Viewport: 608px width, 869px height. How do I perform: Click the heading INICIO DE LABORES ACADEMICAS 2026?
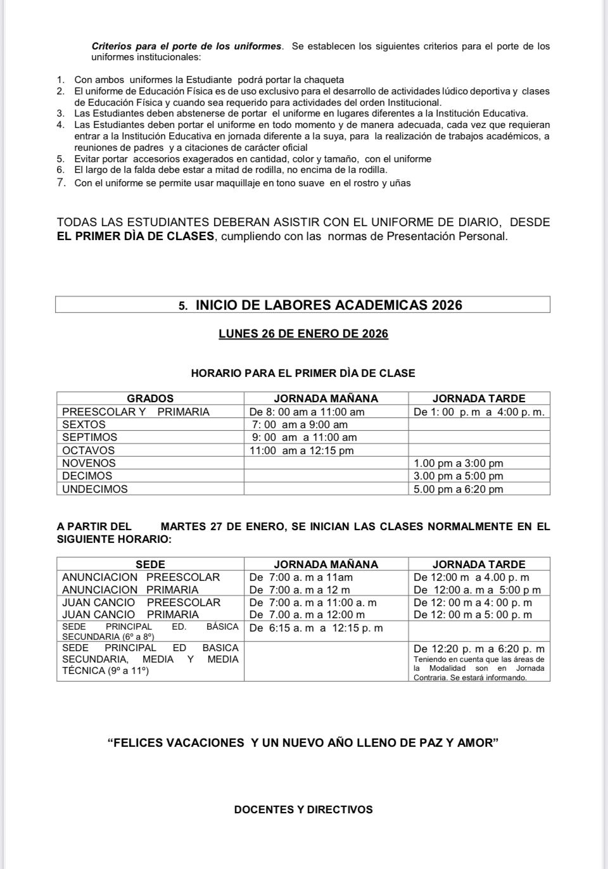pos(329,305)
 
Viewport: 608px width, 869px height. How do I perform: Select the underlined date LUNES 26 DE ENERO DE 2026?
pos(303,334)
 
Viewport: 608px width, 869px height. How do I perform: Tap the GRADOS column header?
pos(150,398)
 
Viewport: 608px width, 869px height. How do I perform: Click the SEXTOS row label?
pos(84,424)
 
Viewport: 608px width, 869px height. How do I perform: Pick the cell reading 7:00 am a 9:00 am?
pos(300,424)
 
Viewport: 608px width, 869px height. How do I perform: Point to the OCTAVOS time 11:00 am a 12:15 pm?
pos(302,450)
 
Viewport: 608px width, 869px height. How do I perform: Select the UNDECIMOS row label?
pos(95,489)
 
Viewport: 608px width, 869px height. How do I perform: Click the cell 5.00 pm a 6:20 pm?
pos(458,489)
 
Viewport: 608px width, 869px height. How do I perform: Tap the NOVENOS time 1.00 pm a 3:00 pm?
pos(458,463)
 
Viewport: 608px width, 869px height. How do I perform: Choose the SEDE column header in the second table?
pos(150,564)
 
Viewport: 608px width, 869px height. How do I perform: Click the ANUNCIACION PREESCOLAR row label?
pos(141,577)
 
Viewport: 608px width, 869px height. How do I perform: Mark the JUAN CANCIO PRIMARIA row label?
pos(130,614)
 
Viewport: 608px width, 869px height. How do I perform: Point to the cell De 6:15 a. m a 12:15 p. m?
pos(316,628)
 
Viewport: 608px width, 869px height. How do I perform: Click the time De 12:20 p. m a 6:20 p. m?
pos(479,649)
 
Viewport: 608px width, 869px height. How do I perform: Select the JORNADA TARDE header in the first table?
pos(479,398)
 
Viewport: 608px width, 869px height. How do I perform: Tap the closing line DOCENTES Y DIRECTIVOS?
pos(303,809)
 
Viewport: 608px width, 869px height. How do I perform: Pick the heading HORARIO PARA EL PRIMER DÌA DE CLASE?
pos(303,373)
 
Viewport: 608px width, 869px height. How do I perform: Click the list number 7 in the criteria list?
pos(61,183)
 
